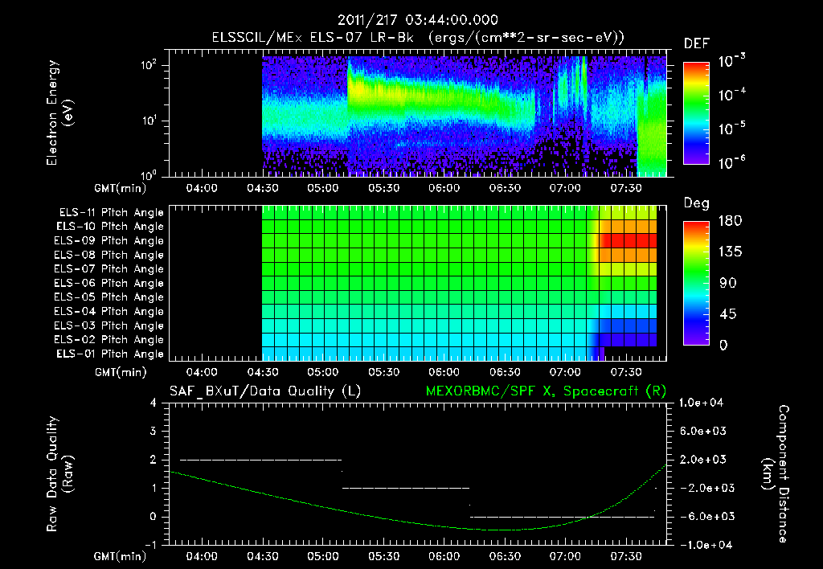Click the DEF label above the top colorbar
pyautogui.click(x=695, y=43)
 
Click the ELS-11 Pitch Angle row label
pyautogui.click(x=111, y=213)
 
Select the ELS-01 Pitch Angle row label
pyautogui.click(x=111, y=354)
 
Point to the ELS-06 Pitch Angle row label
pyautogui.click(x=111, y=283)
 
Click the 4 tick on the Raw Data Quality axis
pyautogui.click(x=154, y=403)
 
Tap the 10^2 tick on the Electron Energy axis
pyautogui.click(x=151, y=65)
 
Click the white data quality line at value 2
pyautogui.click(x=261, y=460)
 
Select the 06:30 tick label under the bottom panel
pyautogui.click(x=504, y=556)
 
